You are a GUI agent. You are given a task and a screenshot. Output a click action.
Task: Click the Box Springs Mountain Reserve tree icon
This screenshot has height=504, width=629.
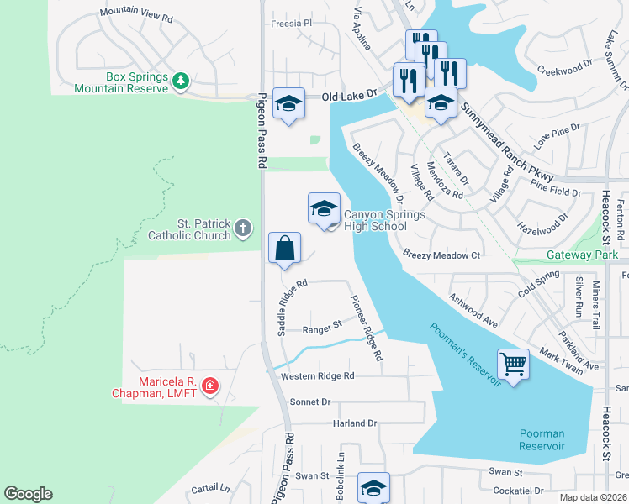click(181, 81)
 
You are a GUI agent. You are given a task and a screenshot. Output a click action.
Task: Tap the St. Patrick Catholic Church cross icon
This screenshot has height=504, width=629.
click(242, 228)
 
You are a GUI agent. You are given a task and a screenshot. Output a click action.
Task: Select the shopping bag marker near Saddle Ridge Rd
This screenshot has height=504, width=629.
click(284, 249)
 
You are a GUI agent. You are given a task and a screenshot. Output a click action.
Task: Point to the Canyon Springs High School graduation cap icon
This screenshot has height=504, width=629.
click(324, 209)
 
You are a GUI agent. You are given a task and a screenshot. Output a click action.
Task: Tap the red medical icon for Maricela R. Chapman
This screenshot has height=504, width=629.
click(209, 386)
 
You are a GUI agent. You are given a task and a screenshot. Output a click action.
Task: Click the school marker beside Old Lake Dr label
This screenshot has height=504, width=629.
click(288, 104)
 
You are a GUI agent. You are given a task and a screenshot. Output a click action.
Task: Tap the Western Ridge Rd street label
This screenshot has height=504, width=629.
click(318, 375)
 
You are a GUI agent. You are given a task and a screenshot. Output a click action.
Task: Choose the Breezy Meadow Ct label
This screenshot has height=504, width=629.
click(441, 255)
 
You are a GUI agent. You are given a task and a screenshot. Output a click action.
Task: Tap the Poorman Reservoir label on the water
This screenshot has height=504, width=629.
click(542, 439)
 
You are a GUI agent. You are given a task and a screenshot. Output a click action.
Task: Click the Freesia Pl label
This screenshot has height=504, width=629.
click(291, 24)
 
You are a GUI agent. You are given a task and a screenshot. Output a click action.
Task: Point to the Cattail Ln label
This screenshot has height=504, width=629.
click(210, 487)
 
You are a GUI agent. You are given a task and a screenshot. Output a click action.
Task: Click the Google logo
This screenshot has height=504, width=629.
click(28, 494)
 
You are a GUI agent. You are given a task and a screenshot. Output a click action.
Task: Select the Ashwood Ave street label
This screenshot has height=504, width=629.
click(474, 309)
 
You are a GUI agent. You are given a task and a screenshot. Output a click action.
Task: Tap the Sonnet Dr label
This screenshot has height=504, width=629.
click(310, 402)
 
